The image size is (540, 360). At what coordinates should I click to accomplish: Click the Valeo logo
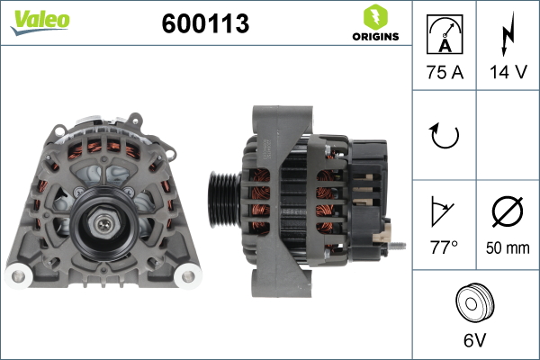pos(40,22)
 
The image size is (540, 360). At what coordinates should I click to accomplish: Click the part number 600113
pos(205,23)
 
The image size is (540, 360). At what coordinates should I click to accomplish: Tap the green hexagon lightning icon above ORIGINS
pos(375,16)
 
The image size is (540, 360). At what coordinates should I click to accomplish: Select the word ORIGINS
pos(375,37)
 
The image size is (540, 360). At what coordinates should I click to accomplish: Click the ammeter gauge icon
pos(445,34)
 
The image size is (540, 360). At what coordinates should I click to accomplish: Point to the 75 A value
pos(445,72)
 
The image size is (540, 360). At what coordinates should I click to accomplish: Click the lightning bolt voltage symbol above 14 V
pos(508,34)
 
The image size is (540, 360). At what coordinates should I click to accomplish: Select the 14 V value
pos(508,72)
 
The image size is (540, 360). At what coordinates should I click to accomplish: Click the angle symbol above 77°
pos(442,211)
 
